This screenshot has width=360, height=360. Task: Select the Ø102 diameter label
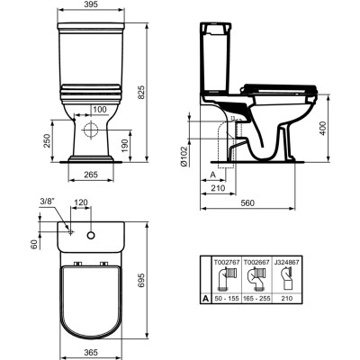tap(184, 157)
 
